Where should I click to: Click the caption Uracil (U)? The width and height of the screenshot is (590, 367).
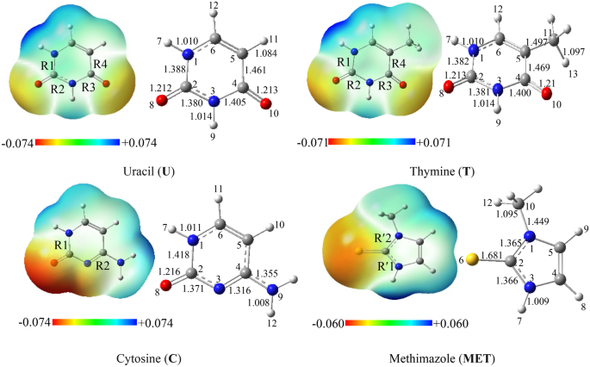pyautogui.click(x=149, y=171)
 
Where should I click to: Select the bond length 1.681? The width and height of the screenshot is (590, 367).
pyautogui.click(x=494, y=248)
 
